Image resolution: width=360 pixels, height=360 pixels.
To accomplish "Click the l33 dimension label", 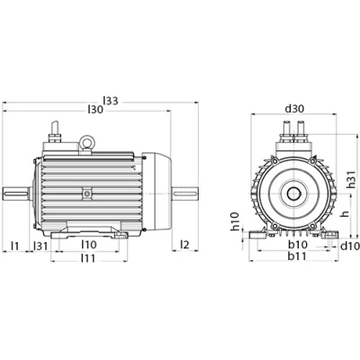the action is (x=111, y=101).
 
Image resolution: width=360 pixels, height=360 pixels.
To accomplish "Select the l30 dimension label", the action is (x=95, y=110).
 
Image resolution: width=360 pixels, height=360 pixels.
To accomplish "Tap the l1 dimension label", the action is (x=15, y=246).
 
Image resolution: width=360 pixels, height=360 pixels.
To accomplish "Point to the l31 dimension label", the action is (x=40, y=246).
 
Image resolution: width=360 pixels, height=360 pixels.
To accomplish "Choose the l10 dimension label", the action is (x=89, y=245).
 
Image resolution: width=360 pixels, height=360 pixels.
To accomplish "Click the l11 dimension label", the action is (x=88, y=257).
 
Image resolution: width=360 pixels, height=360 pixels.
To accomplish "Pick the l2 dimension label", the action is (x=185, y=245).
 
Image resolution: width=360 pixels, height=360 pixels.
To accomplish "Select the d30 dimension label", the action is (x=294, y=109).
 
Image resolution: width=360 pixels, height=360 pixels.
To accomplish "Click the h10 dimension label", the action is (x=235, y=221).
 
